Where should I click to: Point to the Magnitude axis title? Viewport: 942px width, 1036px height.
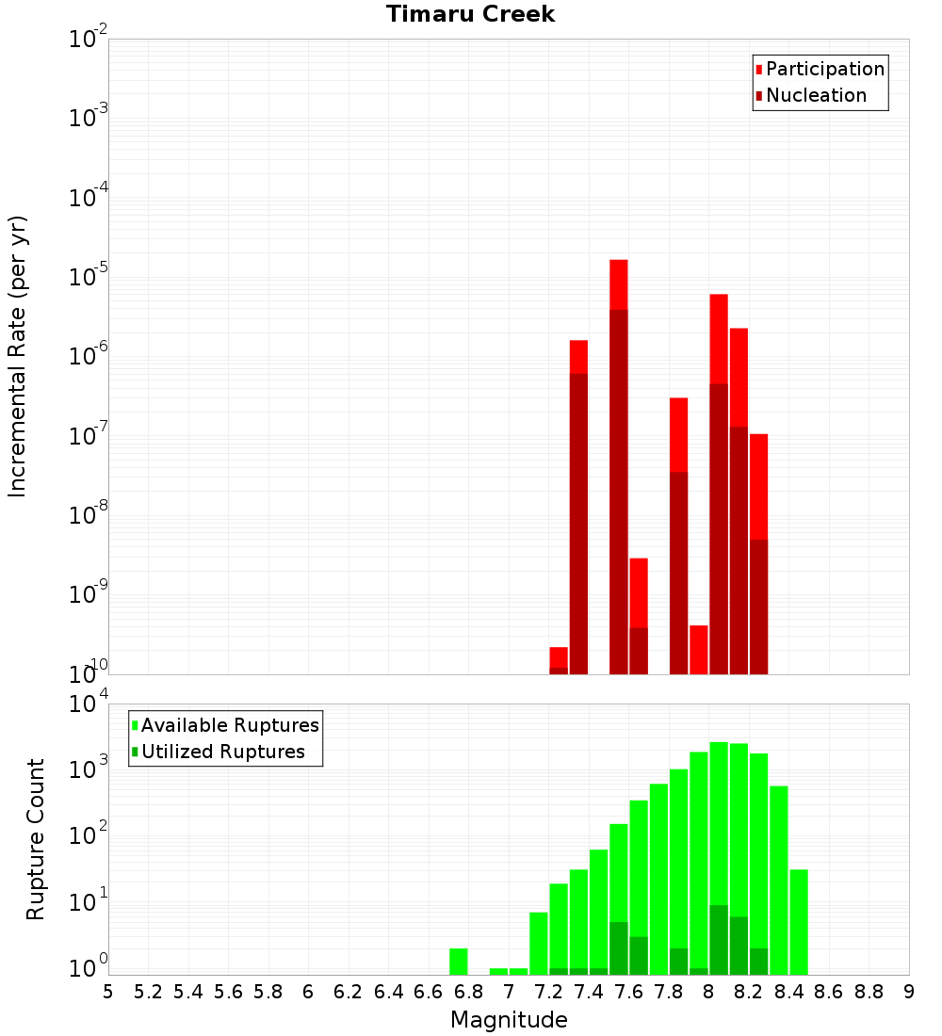tap(509, 1019)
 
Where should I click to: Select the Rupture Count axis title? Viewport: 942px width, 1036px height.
tap(36, 838)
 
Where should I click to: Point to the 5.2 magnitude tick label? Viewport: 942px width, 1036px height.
tap(148, 992)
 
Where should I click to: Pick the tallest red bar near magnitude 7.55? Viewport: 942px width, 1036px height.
tap(619, 283)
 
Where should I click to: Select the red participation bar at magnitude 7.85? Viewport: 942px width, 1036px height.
tap(678, 433)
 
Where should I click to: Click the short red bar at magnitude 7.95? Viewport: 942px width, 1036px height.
tap(698, 649)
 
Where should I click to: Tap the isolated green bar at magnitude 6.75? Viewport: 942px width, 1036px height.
tap(459, 961)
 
